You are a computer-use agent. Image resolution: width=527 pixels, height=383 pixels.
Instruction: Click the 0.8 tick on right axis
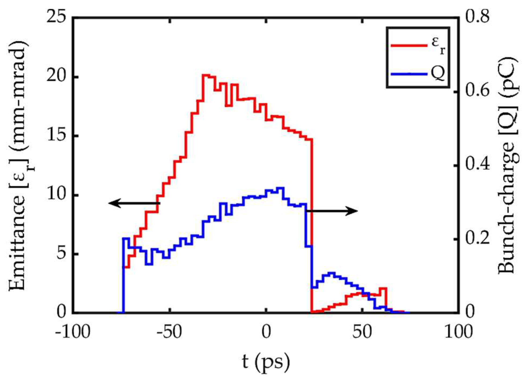pyautogui.click(x=477, y=17)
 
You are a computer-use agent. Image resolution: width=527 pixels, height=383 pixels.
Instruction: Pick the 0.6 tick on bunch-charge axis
pyautogui.click(x=477, y=91)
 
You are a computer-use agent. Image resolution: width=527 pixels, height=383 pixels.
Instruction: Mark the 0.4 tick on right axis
pyautogui.click(x=477, y=165)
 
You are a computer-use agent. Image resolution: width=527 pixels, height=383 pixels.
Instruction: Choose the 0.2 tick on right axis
pyautogui.click(x=477, y=239)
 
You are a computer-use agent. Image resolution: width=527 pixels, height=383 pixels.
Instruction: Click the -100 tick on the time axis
pyautogui.click(x=72, y=332)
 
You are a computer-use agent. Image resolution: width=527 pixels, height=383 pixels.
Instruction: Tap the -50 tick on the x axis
pyautogui.click(x=169, y=332)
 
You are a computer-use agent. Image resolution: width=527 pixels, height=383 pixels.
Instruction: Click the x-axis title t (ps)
pyautogui.click(x=266, y=362)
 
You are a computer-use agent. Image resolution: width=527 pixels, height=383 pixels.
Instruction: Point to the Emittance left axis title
pyautogui.click(x=19, y=166)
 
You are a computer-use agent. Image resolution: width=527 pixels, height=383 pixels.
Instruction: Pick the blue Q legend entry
pyautogui.click(x=419, y=74)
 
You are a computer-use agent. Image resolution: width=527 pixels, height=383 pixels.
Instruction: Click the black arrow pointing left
pyautogui.click(x=134, y=203)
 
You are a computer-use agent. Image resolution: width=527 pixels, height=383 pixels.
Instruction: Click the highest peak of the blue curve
pyautogui.click(x=280, y=188)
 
